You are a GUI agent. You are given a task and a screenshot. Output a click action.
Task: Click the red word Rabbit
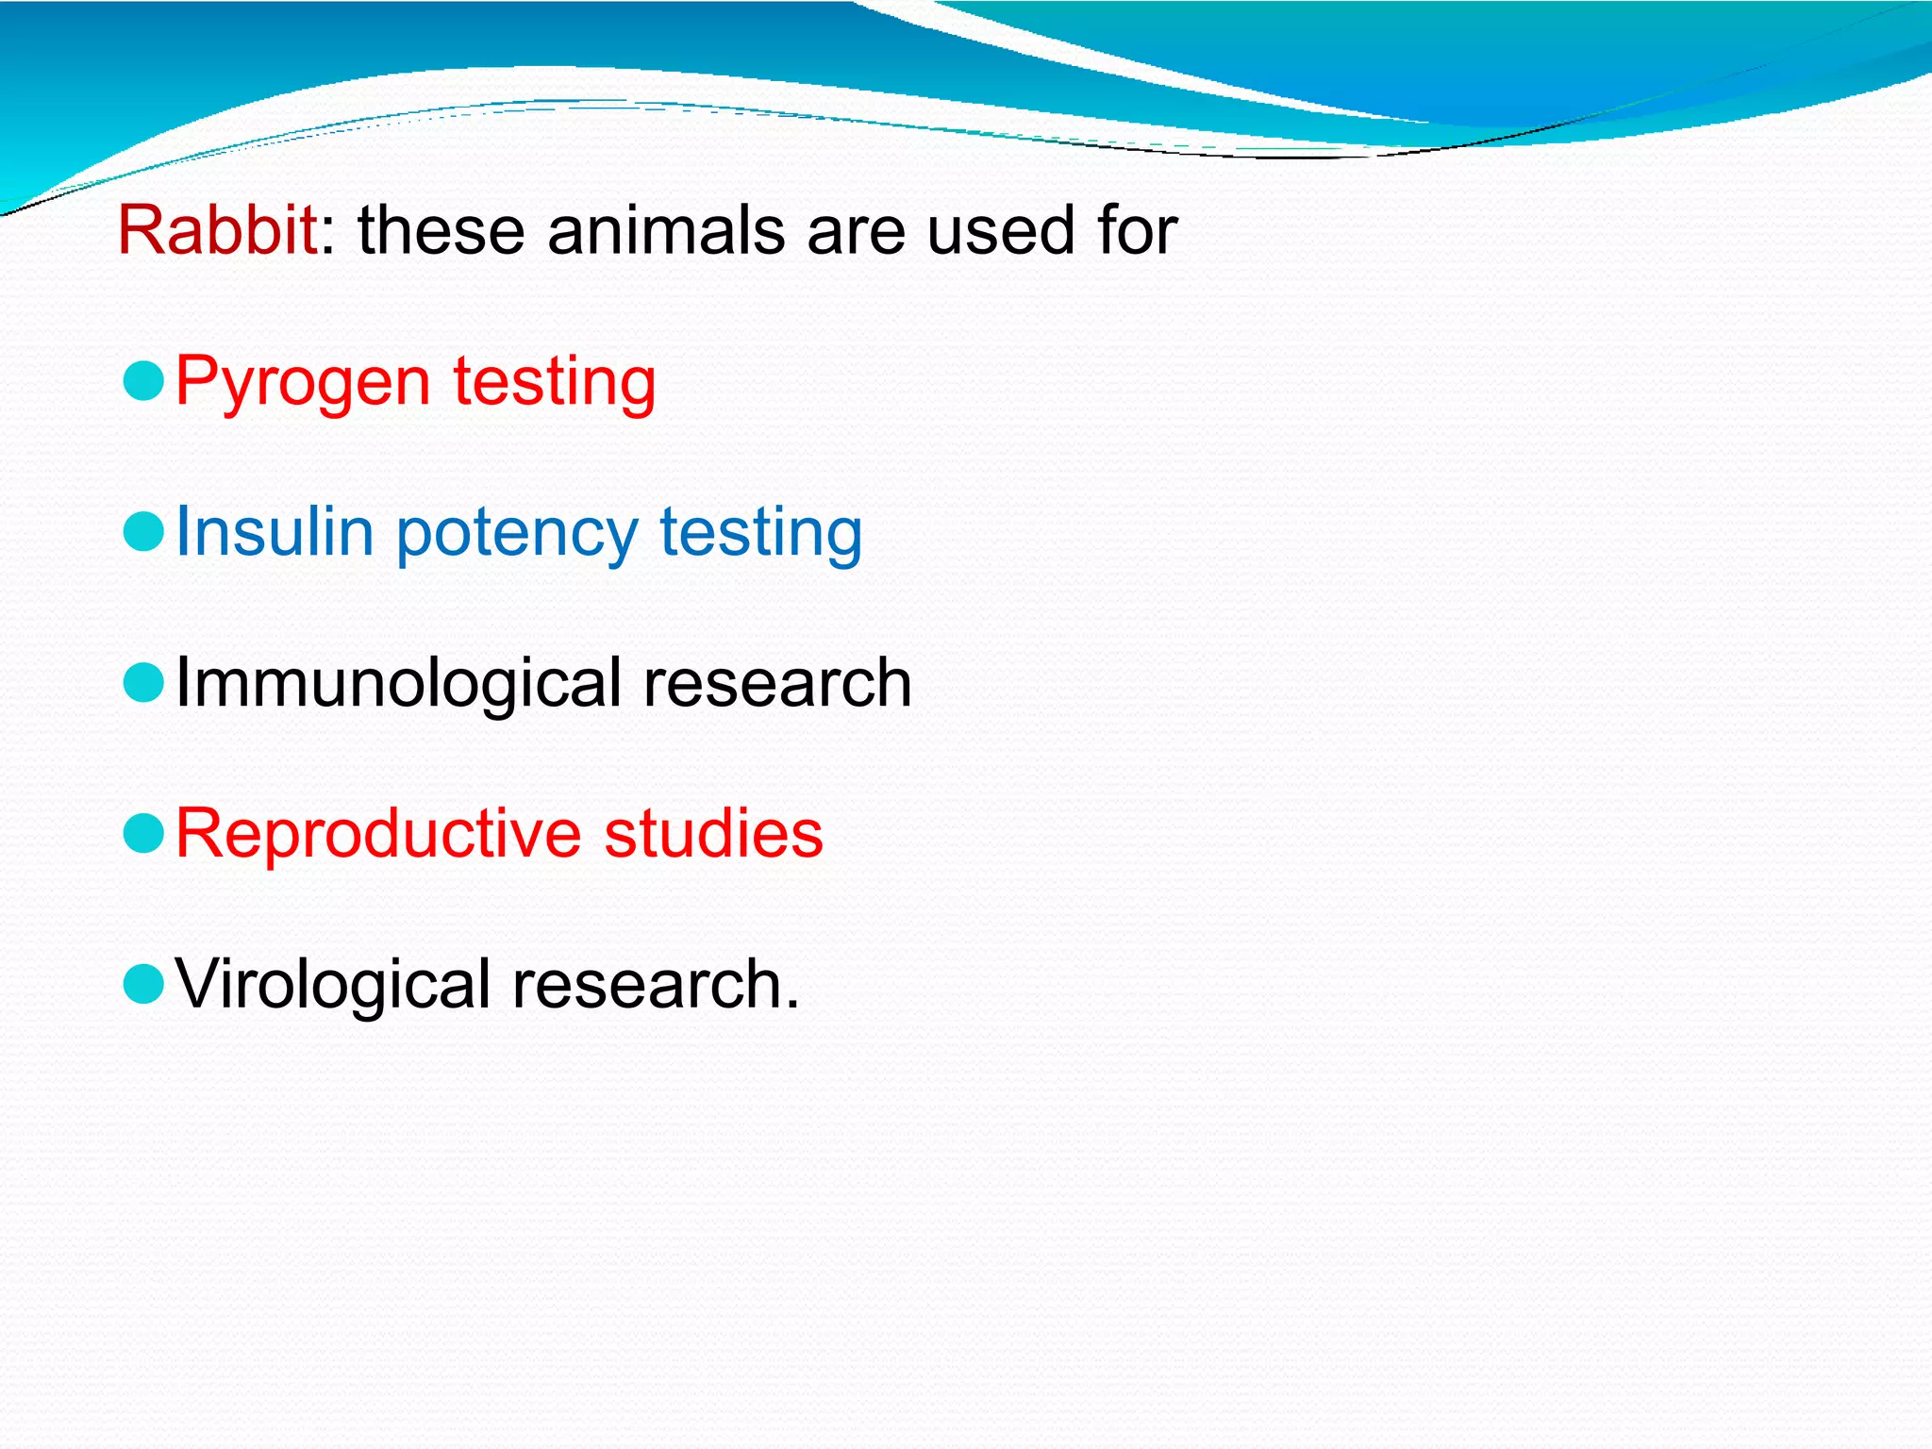click(217, 230)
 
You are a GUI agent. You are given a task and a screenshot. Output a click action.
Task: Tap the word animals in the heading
click(665, 230)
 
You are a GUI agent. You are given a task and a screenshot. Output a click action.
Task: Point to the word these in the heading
click(441, 230)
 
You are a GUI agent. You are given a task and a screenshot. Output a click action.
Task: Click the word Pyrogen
click(303, 382)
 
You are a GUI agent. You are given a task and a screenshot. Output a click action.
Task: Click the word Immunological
click(398, 683)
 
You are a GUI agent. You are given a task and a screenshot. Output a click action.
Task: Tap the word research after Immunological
click(777, 683)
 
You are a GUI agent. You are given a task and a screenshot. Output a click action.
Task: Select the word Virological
click(333, 984)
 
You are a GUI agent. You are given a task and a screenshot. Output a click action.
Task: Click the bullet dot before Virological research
click(144, 984)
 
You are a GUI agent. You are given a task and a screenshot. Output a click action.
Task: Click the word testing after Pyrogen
click(554, 382)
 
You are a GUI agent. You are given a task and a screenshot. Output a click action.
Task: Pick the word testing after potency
click(760, 533)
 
